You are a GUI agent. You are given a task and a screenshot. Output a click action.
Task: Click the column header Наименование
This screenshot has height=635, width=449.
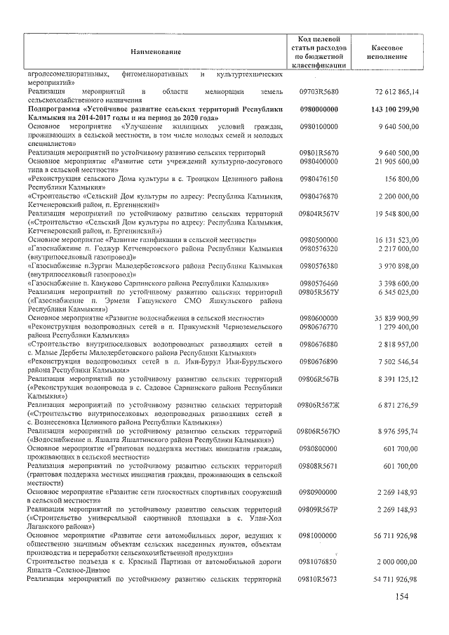tap(155, 52)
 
